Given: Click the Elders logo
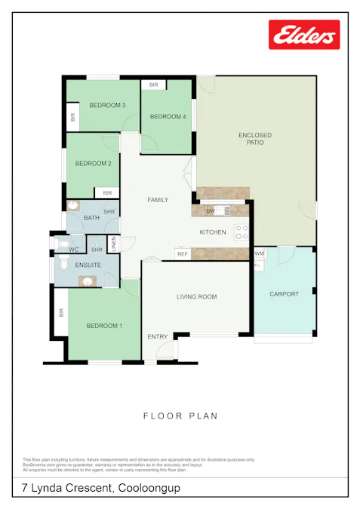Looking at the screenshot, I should [304, 35].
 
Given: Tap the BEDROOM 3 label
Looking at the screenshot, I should [106, 106].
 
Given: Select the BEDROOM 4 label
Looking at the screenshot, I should [168, 116].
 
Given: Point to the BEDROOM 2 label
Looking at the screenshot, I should [93, 163].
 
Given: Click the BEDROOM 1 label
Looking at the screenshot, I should [103, 326].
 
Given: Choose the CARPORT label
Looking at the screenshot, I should [285, 294].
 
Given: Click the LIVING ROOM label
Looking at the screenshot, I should [196, 297].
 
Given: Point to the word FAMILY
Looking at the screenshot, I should [158, 200].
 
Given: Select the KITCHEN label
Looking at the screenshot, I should [212, 232].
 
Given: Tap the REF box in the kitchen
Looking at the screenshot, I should [183, 254].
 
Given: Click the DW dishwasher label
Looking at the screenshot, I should [211, 211].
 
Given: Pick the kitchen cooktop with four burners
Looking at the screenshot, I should [242, 232].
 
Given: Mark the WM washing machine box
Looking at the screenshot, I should [259, 254].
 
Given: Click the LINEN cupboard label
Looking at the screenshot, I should [113, 244].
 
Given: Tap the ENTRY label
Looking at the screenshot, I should [157, 336].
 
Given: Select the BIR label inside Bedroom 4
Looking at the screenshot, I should [153, 85].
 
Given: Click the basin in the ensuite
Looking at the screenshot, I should [88, 281].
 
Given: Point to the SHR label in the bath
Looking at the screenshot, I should [109, 212].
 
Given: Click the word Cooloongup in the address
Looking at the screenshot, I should [149, 488].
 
